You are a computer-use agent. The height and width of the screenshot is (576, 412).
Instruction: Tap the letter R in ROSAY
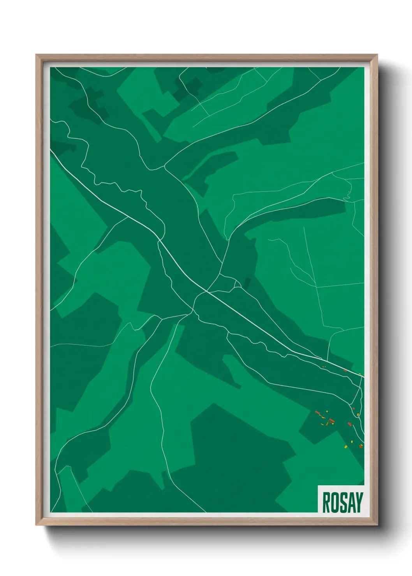click(326, 502)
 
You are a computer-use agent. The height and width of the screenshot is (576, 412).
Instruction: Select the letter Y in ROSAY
click(359, 502)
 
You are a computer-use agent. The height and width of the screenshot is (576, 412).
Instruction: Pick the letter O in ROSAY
click(334, 502)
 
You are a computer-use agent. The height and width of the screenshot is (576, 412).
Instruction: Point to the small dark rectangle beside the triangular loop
click(247, 283)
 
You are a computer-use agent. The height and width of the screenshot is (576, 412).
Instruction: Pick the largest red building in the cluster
click(332, 420)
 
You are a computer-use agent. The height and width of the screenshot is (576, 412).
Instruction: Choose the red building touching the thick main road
click(345, 371)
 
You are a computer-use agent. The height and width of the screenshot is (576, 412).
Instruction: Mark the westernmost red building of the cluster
click(317, 412)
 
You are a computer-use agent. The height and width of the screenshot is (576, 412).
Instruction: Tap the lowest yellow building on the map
click(346, 447)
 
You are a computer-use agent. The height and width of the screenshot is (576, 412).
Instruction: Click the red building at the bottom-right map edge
click(361, 446)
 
